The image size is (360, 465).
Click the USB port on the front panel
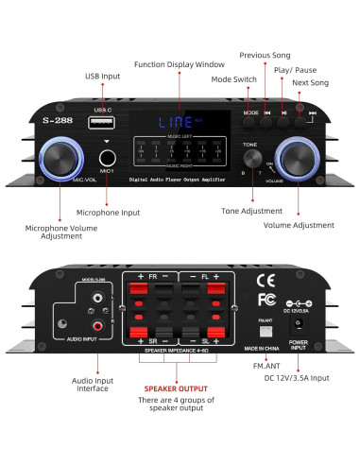[x=102, y=123]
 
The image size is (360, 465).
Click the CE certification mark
[x=267, y=279]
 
